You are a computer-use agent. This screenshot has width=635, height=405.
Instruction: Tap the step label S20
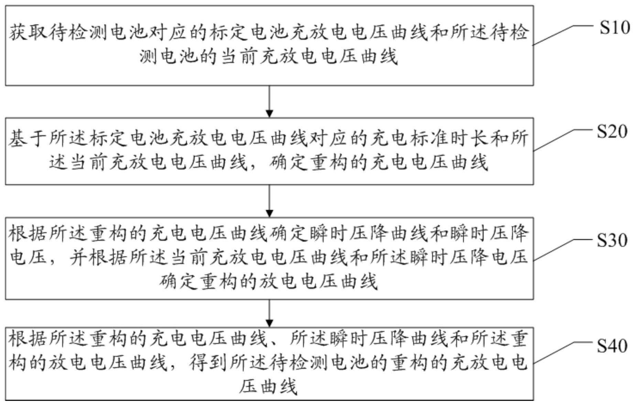(612, 132)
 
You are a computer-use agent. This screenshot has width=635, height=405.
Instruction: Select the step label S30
(612, 240)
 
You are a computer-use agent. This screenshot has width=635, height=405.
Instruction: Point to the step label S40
(612, 346)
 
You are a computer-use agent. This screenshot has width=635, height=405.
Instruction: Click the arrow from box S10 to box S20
(270, 101)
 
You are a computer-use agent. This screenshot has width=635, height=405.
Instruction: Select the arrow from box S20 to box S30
(270, 201)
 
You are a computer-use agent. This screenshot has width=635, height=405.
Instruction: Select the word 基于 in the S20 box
(28, 138)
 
